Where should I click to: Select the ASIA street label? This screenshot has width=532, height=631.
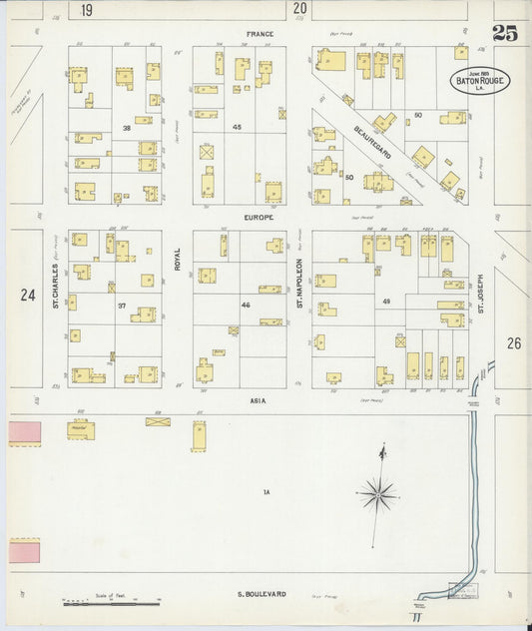[x=256, y=399]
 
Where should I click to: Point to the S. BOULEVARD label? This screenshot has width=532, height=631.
[x=262, y=594]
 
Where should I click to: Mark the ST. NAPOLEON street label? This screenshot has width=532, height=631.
[x=299, y=279]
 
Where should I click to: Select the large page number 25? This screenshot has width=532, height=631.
[x=504, y=34]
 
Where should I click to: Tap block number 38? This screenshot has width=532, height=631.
[x=127, y=129]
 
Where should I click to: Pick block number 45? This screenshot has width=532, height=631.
[x=237, y=127]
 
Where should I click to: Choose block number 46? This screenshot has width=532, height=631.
[x=245, y=304]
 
